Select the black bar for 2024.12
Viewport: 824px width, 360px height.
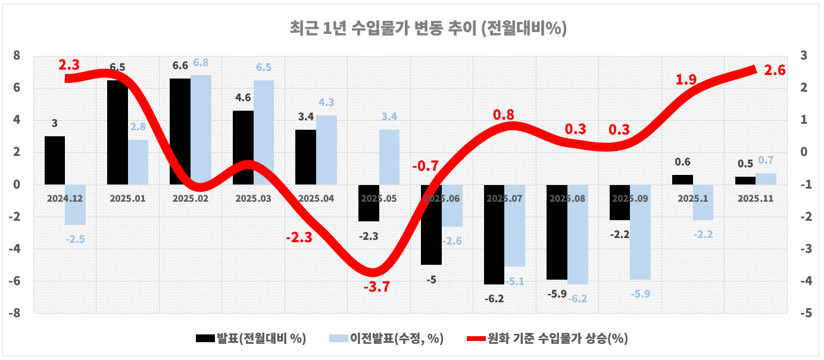coord(55,160)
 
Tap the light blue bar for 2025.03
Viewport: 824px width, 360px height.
coord(263,132)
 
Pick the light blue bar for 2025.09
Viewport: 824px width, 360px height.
coord(640,231)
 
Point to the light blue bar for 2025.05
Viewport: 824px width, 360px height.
coord(389,157)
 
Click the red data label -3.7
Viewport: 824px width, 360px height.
coord(377,287)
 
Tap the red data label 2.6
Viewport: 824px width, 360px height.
coord(775,70)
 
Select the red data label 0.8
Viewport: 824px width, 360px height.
coord(504,115)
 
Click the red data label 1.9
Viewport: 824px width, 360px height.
coord(685,80)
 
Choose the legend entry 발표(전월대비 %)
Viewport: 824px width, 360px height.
coord(251,339)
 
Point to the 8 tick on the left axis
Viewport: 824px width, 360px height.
coord(17,56)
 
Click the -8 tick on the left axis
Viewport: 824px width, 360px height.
coord(14,313)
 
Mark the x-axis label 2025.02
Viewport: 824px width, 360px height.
coord(191,199)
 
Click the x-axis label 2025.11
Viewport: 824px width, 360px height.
coord(755,199)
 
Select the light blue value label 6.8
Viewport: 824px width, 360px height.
coord(201,62)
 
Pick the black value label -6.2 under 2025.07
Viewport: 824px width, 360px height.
coord(494,299)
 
